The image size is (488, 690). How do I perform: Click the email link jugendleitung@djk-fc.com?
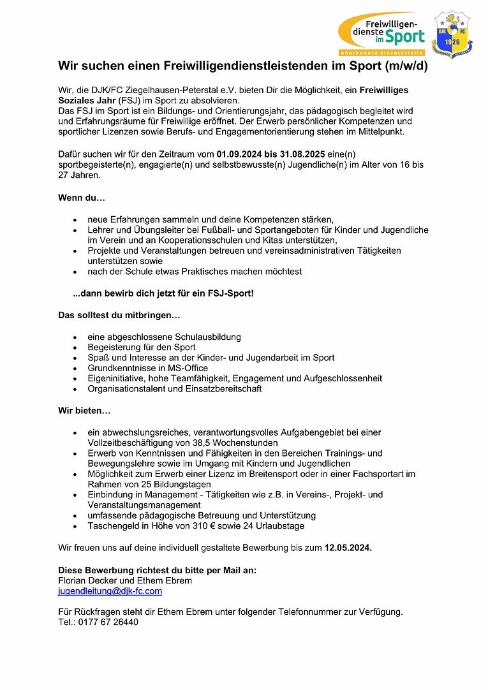coord(110,591)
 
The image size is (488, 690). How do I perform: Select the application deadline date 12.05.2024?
coord(348,547)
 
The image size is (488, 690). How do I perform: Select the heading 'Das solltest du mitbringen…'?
coord(119,315)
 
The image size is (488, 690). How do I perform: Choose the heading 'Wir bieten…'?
coord(84,411)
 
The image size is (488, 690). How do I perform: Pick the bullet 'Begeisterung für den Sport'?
coord(142,348)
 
